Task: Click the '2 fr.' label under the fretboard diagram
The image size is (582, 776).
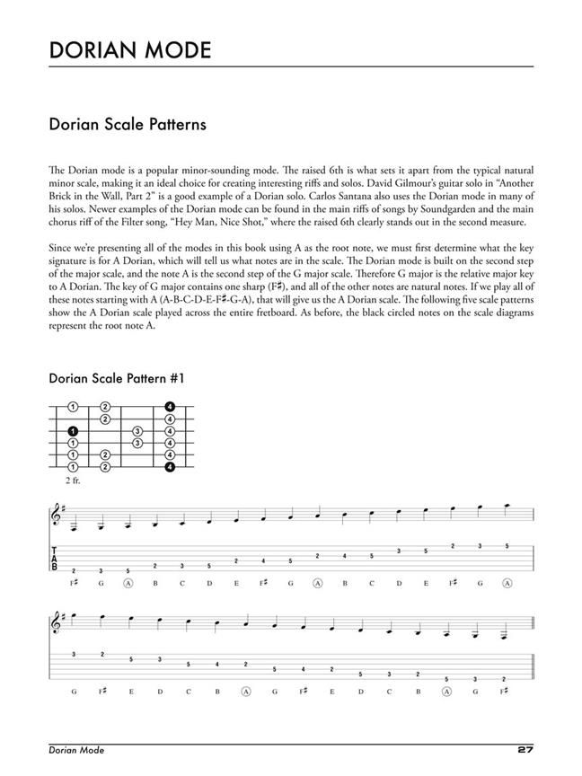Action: [73, 481]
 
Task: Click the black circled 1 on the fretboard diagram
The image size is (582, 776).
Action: [73, 431]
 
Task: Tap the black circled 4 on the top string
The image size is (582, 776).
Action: [169, 407]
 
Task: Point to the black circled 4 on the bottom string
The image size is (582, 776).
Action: [169, 466]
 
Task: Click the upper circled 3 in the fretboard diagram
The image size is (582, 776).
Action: [137, 431]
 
